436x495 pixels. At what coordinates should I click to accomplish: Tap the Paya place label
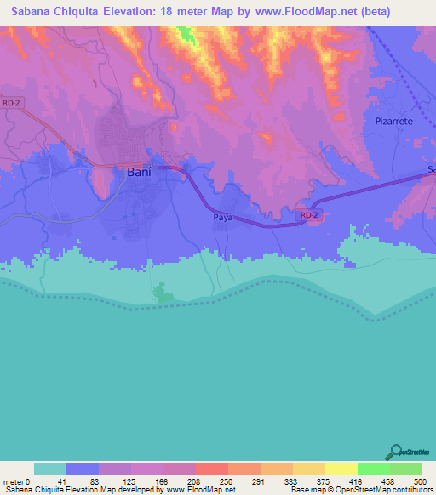(222, 218)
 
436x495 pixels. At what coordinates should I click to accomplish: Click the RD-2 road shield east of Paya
(310, 216)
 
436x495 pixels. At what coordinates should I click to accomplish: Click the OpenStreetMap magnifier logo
(394, 452)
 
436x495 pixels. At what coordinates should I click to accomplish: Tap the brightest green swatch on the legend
(373, 469)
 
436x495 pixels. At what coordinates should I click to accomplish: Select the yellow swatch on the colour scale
(341, 469)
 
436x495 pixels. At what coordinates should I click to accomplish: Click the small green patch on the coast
(161, 294)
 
